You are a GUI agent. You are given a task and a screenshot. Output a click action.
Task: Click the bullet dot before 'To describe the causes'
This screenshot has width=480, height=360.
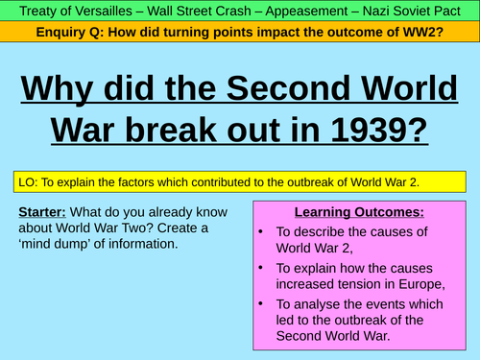[263, 231]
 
